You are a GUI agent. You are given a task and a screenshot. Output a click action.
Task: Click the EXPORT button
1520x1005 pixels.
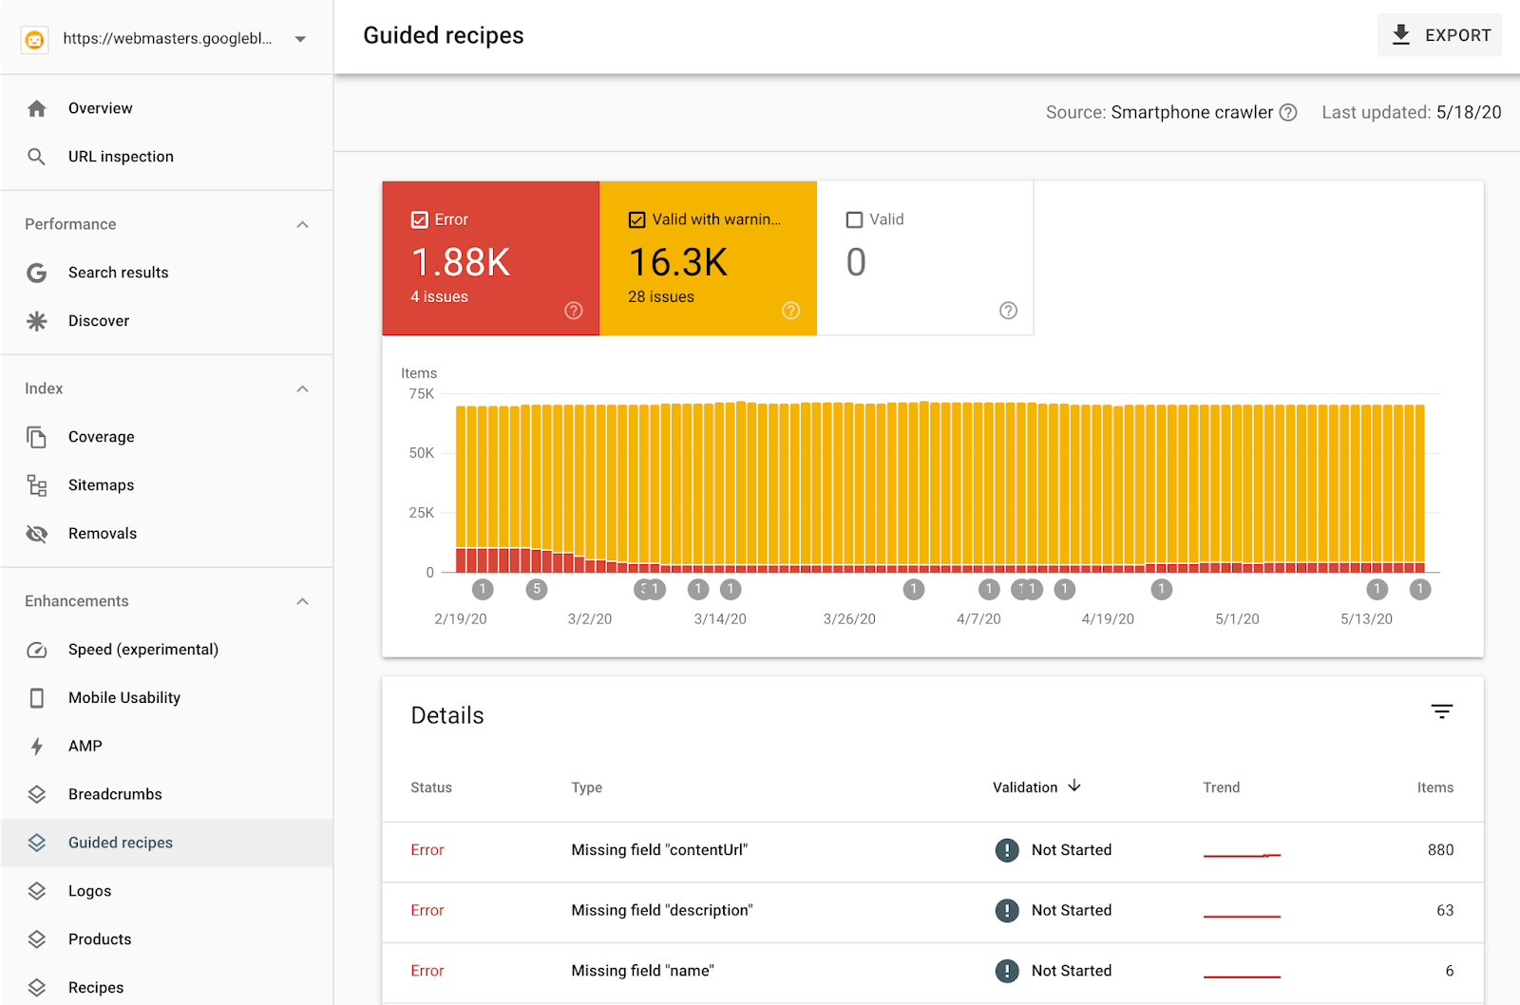tap(1439, 35)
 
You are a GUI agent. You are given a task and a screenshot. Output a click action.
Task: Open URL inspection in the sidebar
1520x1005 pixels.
tap(121, 157)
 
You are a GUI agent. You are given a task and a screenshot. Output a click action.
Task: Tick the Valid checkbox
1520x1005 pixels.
tap(855, 219)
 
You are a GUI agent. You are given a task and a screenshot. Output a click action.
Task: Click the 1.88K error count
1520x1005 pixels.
tap(461, 262)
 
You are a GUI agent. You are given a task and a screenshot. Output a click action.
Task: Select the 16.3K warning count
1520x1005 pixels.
tap(678, 262)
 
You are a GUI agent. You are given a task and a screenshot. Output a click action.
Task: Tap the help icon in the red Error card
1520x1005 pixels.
tap(574, 311)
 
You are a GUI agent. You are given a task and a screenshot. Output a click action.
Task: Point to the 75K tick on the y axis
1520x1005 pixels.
tap(421, 393)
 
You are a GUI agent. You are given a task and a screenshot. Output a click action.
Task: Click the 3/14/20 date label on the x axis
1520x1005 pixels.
tap(720, 619)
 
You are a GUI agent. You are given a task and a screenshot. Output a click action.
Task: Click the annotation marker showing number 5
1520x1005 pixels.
tap(537, 589)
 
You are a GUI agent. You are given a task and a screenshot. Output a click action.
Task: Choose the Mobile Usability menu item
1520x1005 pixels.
tap(123, 698)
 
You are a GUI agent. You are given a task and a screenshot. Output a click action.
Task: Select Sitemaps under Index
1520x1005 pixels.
tap(101, 485)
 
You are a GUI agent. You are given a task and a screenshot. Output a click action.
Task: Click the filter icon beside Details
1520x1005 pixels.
tap(1441, 711)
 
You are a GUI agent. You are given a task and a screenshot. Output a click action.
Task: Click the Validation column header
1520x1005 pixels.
tap(1025, 787)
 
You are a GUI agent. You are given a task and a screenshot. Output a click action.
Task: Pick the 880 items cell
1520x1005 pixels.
tap(1440, 850)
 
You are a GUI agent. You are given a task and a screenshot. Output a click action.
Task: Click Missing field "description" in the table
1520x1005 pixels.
tap(662, 910)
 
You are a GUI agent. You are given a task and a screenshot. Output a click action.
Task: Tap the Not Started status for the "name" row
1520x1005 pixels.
tap(1071, 971)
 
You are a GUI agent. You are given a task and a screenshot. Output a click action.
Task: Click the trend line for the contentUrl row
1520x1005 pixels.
tap(1242, 855)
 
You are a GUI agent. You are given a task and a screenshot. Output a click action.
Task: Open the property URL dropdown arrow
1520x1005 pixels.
tap(300, 39)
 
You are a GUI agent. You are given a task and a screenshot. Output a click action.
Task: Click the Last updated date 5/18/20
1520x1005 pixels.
tap(1469, 112)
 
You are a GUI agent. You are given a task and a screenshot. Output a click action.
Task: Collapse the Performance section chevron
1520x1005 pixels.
tap(302, 224)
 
